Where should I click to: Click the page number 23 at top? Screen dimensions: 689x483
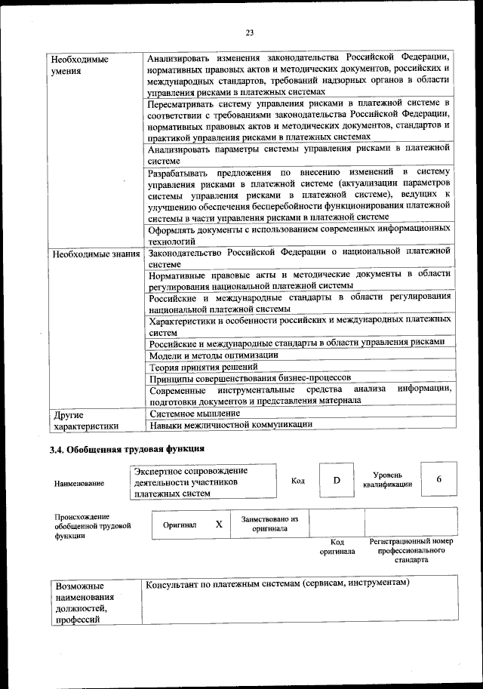point(249,32)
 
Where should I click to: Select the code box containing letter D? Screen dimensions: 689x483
point(337,481)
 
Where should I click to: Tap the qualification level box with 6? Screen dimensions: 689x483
point(438,480)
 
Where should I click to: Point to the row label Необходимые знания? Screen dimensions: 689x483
point(96,254)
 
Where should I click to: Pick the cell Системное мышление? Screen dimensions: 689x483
point(195,414)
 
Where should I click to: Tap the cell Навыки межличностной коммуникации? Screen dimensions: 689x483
point(231,425)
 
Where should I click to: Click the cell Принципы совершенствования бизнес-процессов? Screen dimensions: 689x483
point(250,377)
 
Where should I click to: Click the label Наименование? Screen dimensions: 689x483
point(79,484)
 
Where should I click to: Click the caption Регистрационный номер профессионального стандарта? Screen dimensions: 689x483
point(411,551)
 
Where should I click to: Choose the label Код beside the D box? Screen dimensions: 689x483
point(297,481)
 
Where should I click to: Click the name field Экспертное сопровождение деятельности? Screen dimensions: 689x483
point(191,481)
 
